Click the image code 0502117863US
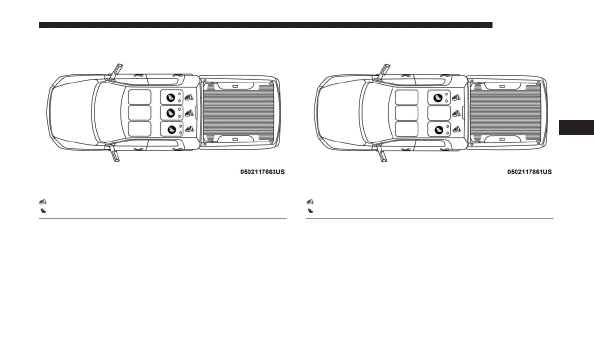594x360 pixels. pyautogui.click(x=262, y=172)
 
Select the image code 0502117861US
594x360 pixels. pyautogui.click(x=529, y=172)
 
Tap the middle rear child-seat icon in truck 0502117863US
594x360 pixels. pyautogui.click(x=170, y=112)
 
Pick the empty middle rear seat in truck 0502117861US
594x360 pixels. pyautogui.click(x=439, y=112)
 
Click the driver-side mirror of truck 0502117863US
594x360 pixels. pyautogui.click(x=115, y=155)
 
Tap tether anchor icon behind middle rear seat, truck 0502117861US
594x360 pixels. pyautogui.click(x=456, y=112)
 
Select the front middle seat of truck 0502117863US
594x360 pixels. pyautogui.click(x=139, y=112)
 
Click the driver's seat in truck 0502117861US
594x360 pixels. pyautogui.click(x=406, y=128)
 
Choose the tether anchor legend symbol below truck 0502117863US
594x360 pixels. pyautogui.click(x=43, y=201)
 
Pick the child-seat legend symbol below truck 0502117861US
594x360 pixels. pyautogui.click(x=310, y=211)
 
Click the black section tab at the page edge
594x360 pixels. pyautogui.click(x=575, y=127)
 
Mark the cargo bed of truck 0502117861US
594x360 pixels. pyautogui.click(x=505, y=112)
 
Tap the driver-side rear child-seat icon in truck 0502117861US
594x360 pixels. pyautogui.click(x=438, y=129)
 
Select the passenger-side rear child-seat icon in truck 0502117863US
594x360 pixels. pyautogui.click(x=170, y=97)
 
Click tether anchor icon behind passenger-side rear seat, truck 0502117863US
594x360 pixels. pyautogui.click(x=189, y=97)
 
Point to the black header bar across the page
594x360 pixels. pyautogui.click(x=265, y=25)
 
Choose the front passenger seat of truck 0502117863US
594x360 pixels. pyautogui.click(x=139, y=97)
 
